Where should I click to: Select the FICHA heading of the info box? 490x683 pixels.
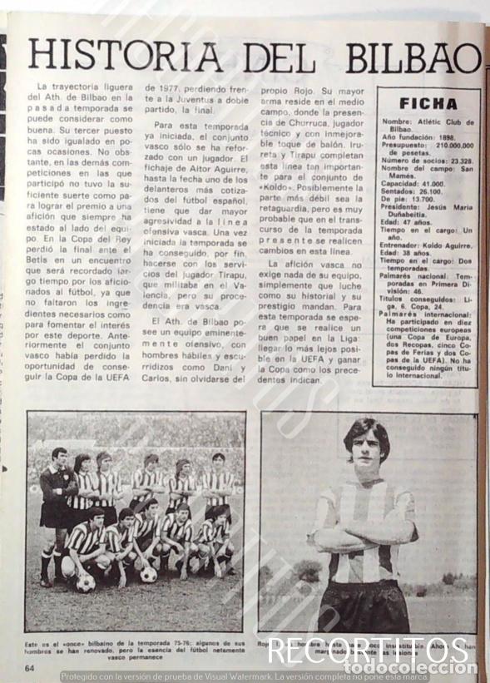(428, 104)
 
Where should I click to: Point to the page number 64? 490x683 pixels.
(29, 667)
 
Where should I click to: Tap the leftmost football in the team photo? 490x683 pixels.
(85, 583)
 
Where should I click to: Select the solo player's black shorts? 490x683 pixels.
(364, 606)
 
